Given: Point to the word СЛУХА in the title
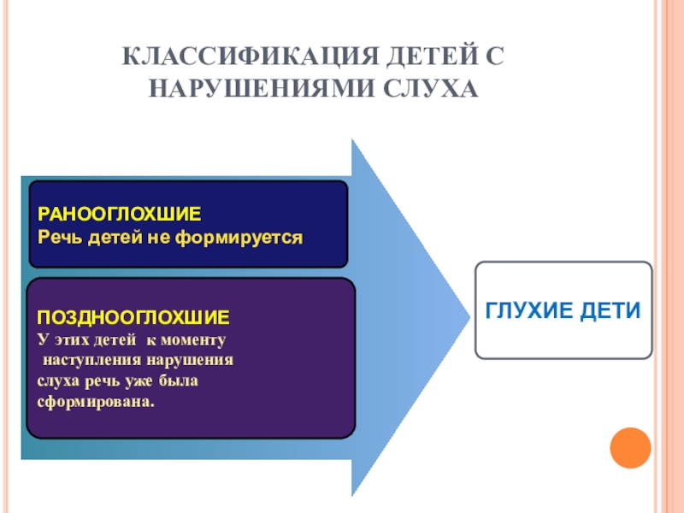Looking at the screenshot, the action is (x=428, y=88).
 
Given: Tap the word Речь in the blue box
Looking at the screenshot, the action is (x=59, y=233).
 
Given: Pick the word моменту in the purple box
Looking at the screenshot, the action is (x=196, y=339).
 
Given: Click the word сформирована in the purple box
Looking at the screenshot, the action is (x=97, y=400).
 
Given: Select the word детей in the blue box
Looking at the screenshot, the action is (x=116, y=233).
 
